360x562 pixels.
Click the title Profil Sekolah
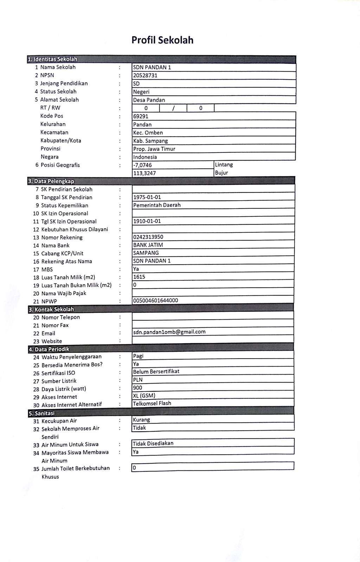tap(162, 40)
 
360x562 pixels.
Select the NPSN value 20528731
tap(145, 76)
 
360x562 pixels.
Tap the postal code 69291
tap(141, 116)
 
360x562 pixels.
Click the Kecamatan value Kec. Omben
tap(148, 133)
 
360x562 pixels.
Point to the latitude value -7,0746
tap(143, 165)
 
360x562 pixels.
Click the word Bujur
tap(221, 173)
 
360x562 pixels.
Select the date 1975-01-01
tap(147, 197)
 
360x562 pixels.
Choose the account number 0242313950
tap(148, 237)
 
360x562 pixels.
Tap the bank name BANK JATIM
tap(148, 245)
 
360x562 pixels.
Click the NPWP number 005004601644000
tap(156, 300)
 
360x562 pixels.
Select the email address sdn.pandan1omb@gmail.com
tap(169, 332)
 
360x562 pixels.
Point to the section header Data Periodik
tap(49, 349)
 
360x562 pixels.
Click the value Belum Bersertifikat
tap(156, 372)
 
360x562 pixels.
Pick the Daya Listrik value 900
tap(137, 388)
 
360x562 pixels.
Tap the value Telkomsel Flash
tap(152, 403)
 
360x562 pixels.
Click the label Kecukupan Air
tap(59, 421)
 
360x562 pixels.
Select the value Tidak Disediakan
tap(153, 443)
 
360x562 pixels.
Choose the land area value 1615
tap(139, 277)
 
